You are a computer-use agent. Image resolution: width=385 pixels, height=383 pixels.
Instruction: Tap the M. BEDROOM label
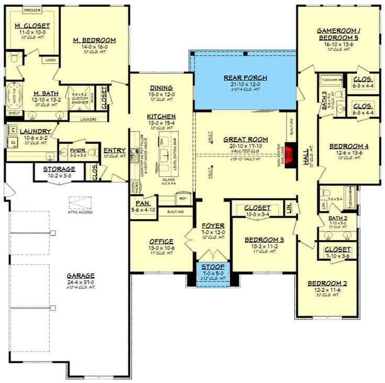(x=94, y=40)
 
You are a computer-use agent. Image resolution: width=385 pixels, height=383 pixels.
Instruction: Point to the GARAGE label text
(x=80, y=275)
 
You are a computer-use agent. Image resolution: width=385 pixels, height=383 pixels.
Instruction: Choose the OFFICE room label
(x=161, y=241)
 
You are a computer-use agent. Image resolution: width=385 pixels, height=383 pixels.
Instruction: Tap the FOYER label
(x=213, y=226)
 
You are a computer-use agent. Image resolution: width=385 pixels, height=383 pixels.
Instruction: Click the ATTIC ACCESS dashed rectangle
(x=80, y=202)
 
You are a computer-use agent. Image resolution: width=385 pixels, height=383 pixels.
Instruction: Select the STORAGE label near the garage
(x=59, y=169)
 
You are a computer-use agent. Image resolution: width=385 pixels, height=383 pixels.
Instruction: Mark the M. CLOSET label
(x=32, y=26)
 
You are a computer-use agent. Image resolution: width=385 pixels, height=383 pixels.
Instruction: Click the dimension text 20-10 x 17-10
(x=246, y=147)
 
